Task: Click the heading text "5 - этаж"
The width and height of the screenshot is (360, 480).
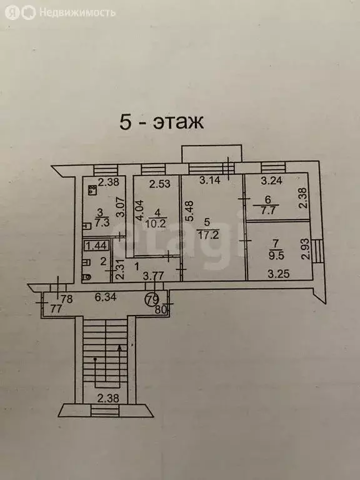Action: click(161, 122)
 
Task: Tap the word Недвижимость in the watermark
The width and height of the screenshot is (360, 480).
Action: click(77, 13)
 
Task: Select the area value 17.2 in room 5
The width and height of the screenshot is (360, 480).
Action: click(207, 236)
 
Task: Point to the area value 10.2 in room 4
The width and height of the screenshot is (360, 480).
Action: click(157, 223)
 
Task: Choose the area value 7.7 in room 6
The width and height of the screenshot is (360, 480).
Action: click(267, 211)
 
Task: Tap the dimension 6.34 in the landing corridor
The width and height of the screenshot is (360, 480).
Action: click(105, 297)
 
